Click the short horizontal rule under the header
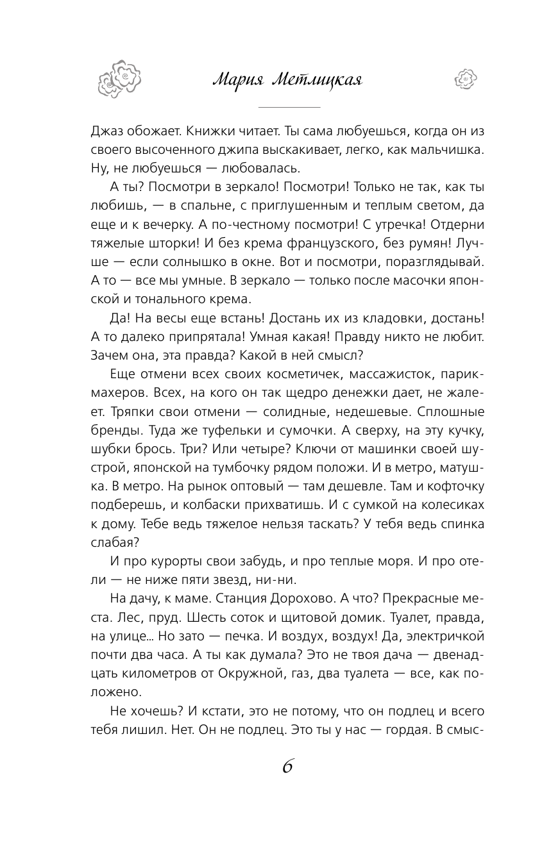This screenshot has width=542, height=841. pos(288,107)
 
